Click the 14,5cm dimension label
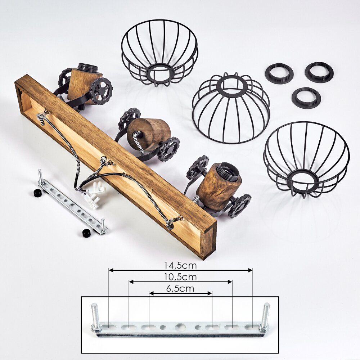point(180,265)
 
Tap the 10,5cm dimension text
point(180,277)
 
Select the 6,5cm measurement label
point(180,288)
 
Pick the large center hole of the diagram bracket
point(180,327)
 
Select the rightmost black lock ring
point(319,72)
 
